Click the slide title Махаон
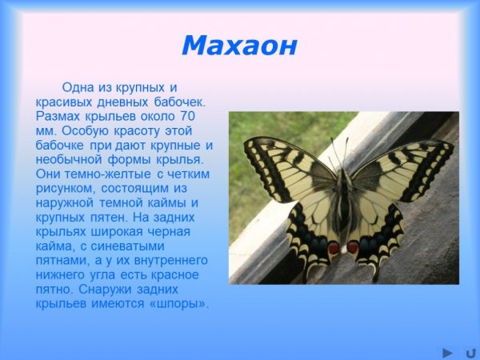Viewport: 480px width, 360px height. pyautogui.click(x=239, y=46)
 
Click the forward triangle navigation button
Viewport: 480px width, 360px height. pyautogui.click(x=448, y=351)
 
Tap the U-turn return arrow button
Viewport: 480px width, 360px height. pyautogui.click(x=470, y=351)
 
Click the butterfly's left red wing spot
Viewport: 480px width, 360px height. pyautogui.click(x=333, y=249)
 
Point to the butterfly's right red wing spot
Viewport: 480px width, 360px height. pyautogui.click(x=354, y=247)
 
